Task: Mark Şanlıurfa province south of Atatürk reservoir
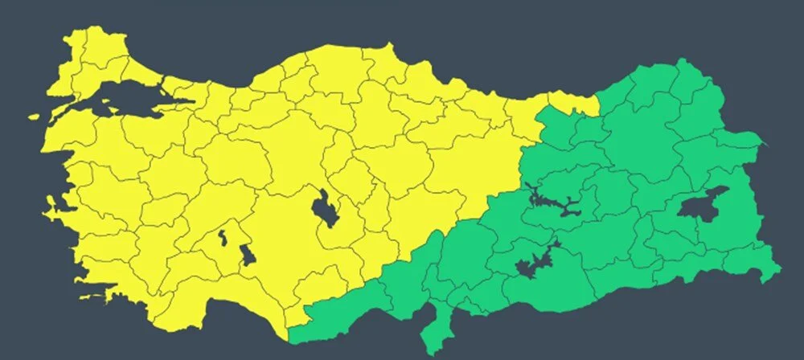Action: (555, 289)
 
